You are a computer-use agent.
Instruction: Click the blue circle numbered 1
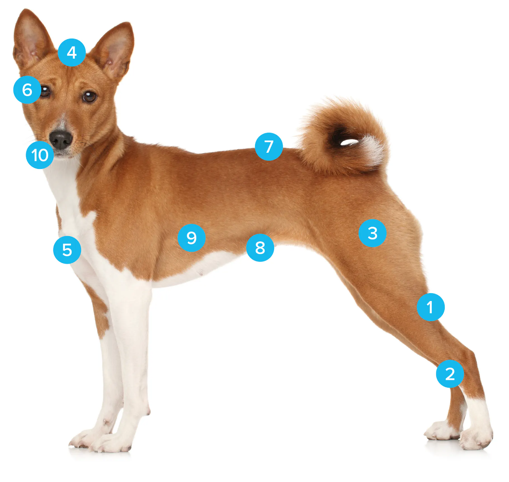click(430, 307)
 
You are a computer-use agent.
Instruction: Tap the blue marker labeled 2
click(450, 374)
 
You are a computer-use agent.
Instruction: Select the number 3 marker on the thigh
click(372, 233)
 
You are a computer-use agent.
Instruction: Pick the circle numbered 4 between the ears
click(72, 52)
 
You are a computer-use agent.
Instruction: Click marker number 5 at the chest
click(67, 250)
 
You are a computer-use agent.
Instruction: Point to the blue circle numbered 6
click(27, 90)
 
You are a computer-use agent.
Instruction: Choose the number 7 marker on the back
click(269, 147)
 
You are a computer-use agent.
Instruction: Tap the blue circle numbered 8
click(260, 248)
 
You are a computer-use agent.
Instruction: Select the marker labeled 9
click(192, 238)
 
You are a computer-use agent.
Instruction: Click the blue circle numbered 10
click(40, 155)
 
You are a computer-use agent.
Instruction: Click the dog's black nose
click(61, 140)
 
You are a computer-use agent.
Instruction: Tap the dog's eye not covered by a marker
click(89, 97)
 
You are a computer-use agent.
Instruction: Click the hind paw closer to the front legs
click(442, 431)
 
